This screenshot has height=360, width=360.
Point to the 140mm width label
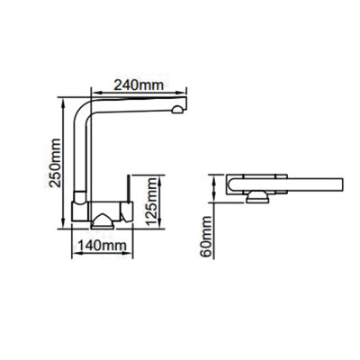[x=101, y=245]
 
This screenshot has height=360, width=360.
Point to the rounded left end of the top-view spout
[x=232, y=184]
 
